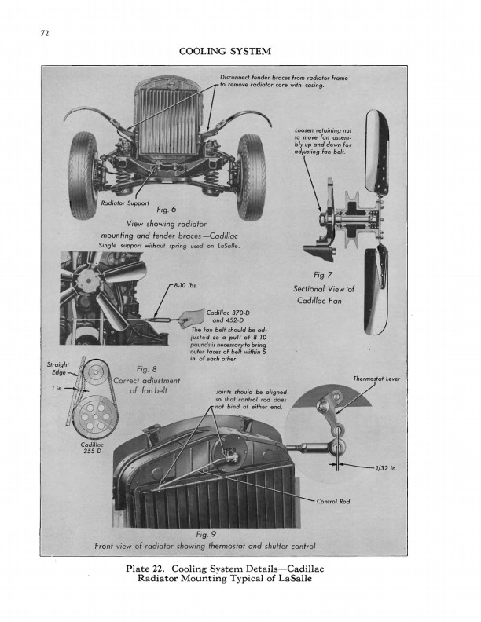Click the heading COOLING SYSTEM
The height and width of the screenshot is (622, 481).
click(226, 52)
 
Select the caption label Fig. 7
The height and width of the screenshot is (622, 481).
click(324, 275)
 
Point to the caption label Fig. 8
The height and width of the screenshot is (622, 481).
click(147, 370)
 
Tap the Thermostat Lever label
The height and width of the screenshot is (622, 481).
click(376, 379)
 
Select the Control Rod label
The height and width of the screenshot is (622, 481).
click(332, 502)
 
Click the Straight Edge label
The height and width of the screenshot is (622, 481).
click(57, 368)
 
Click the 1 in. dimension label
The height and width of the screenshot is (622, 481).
click(57, 388)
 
